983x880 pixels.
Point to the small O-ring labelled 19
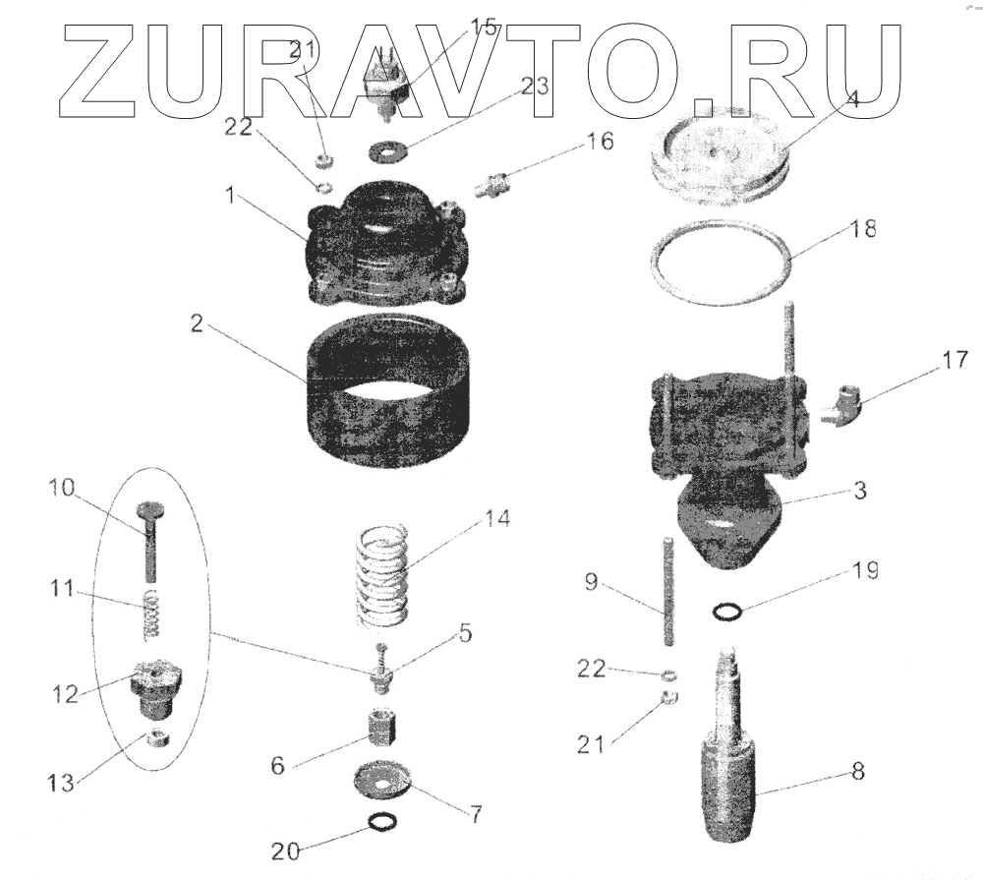tap(726, 613)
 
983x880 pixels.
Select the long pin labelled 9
tap(668, 591)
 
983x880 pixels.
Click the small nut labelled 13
tap(155, 738)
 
